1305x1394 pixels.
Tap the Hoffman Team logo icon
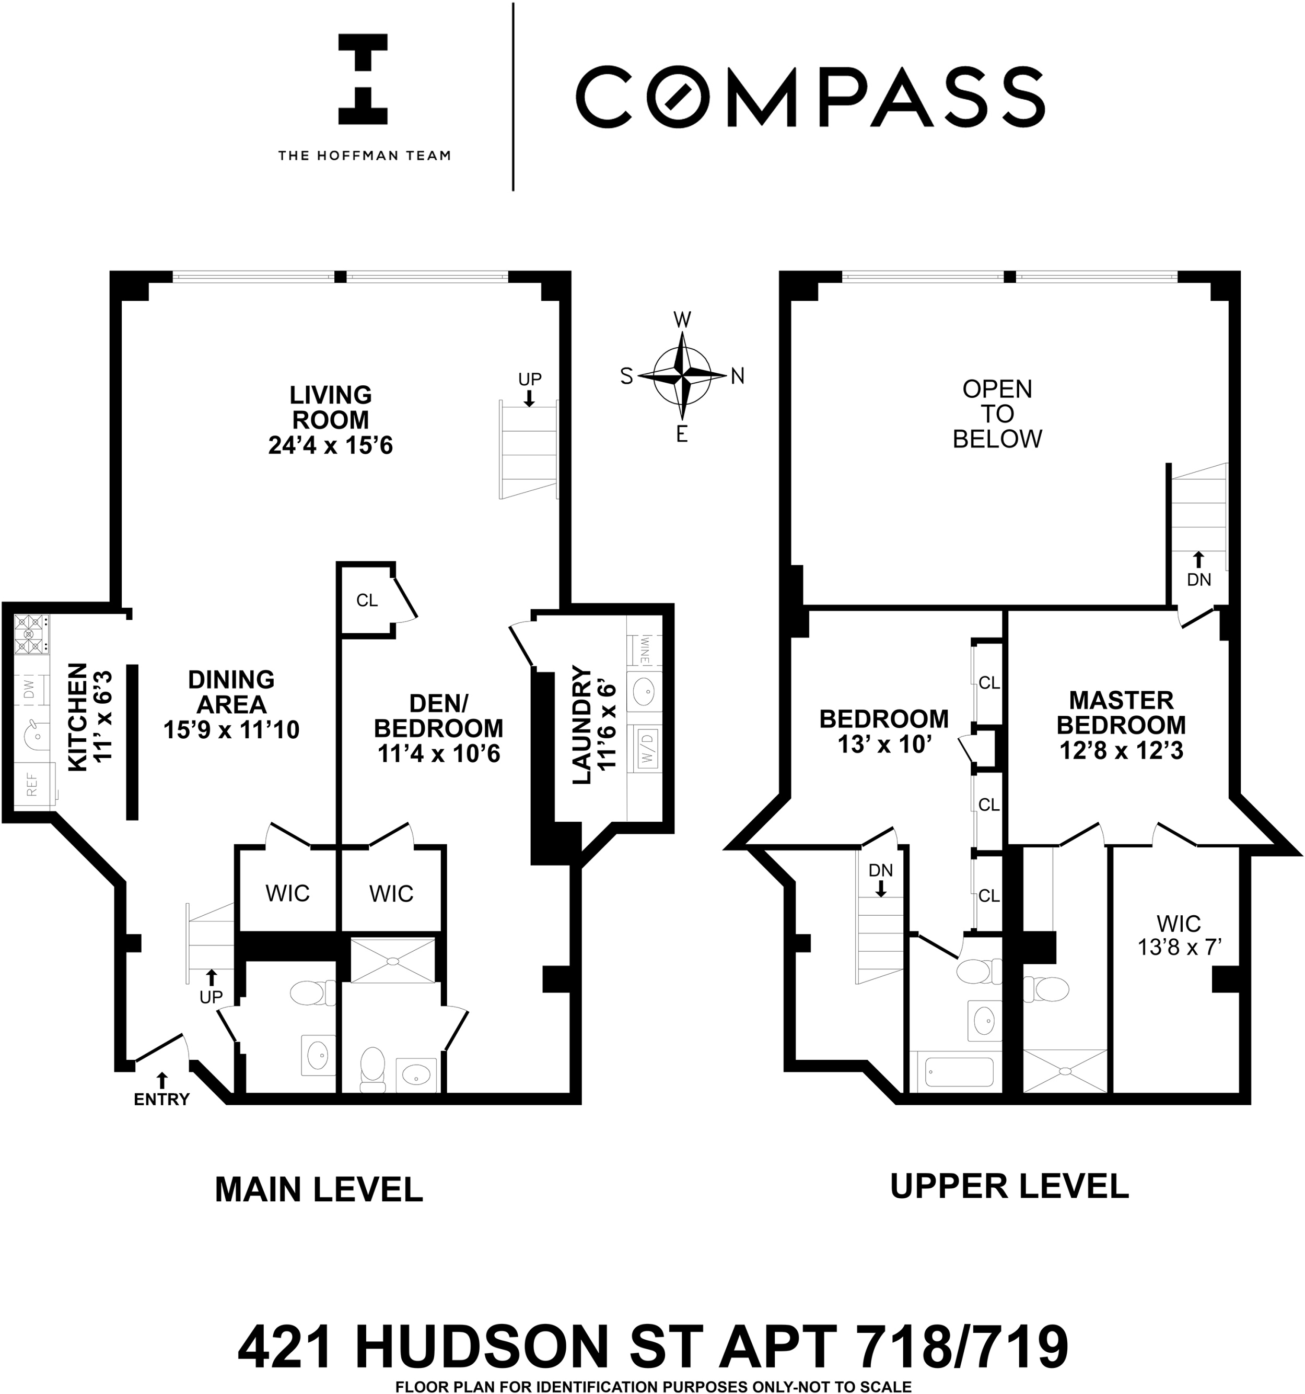pyautogui.click(x=362, y=78)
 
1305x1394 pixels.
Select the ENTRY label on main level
pyautogui.click(x=161, y=1099)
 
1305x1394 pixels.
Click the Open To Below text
pyautogui.click(x=996, y=413)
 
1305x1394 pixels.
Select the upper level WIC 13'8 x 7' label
pyautogui.click(x=1179, y=936)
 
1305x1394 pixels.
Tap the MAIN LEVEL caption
pyautogui.click(x=319, y=1189)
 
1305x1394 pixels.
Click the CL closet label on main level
pyautogui.click(x=367, y=600)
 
